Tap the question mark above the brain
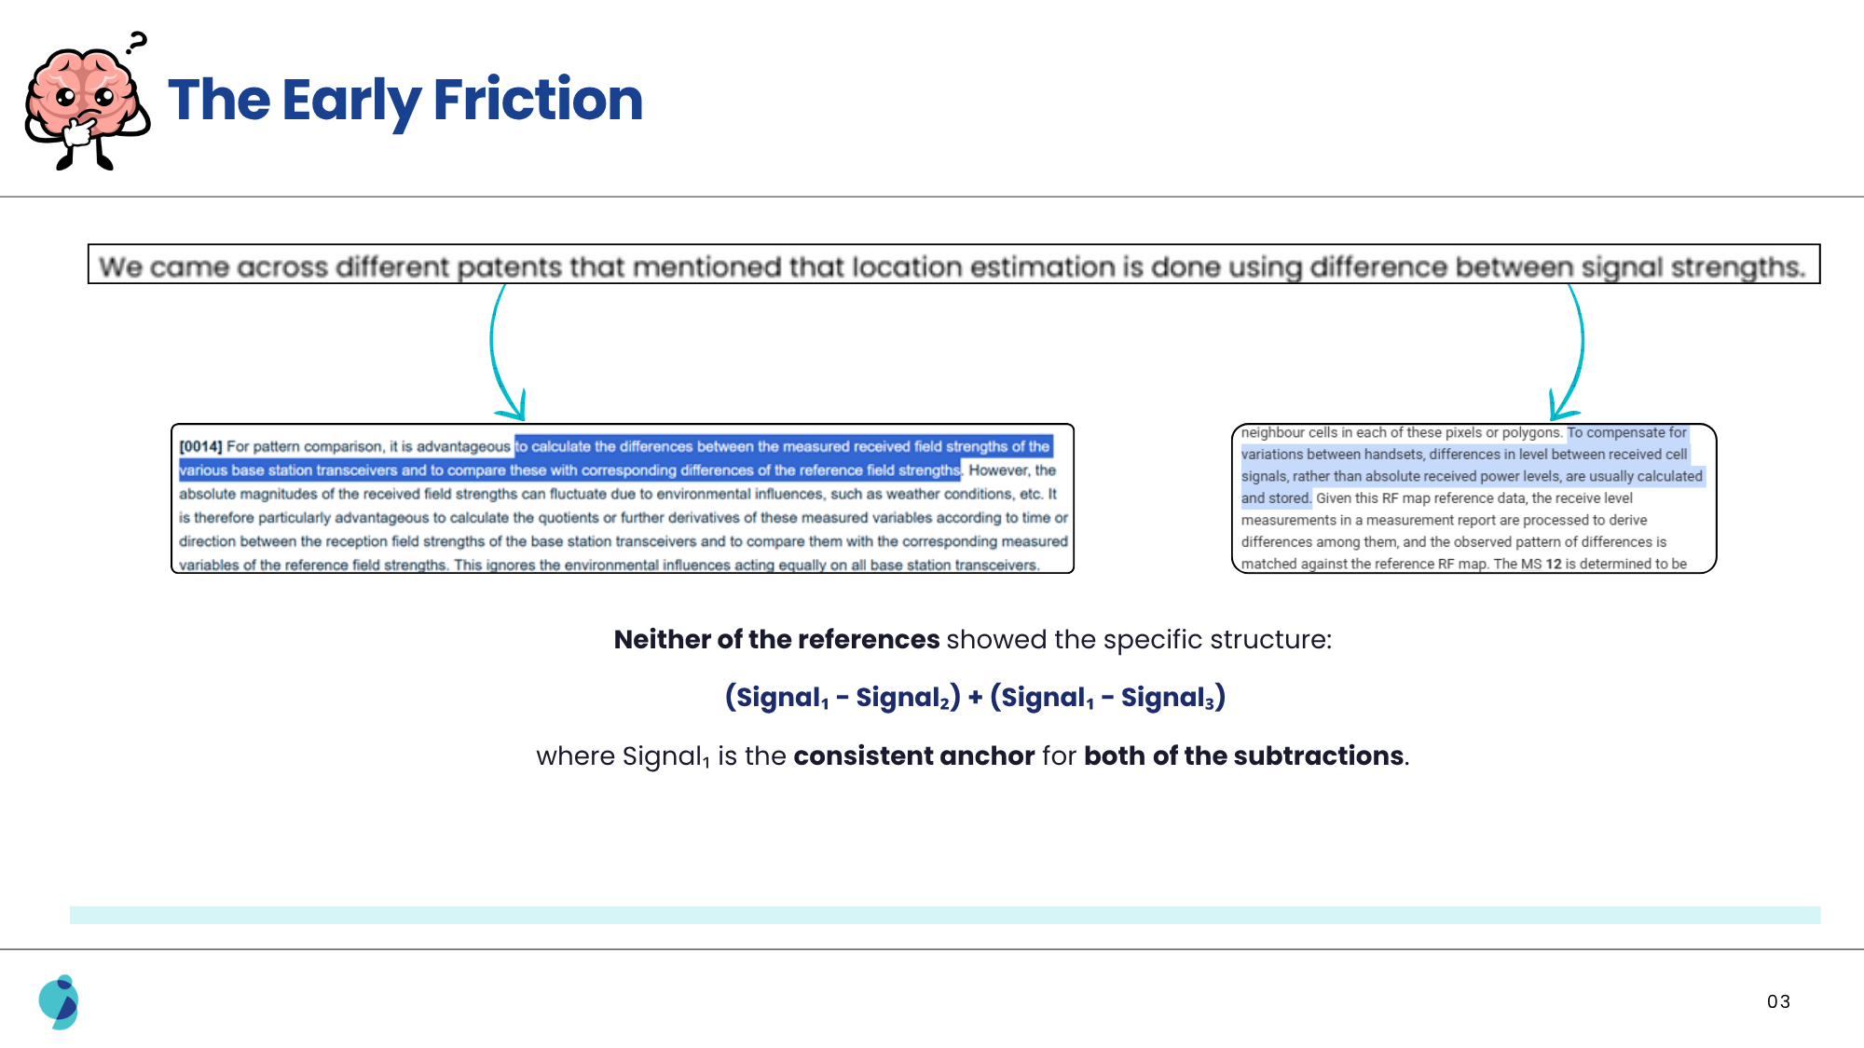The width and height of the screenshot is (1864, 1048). (x=137, y=42)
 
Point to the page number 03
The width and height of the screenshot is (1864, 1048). (x=1778, y=1001)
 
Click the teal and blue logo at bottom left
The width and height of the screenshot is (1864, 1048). (x=59, y=1001)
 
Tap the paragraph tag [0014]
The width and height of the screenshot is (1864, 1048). (x=200, y=447)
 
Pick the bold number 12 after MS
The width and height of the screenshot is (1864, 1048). (x=1554, y=564)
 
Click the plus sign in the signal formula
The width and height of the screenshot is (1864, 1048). (x=975, y=697)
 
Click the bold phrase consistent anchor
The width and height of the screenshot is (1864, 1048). (x=913, y=755)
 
